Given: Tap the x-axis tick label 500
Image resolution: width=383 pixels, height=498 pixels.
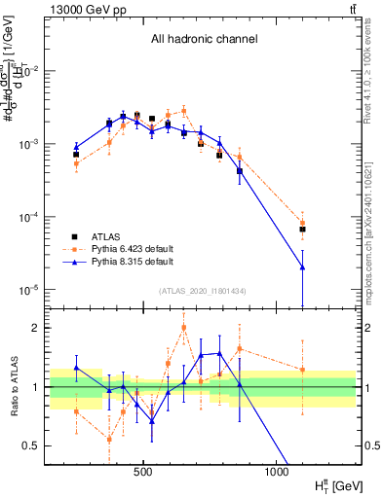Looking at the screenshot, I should pyautogui.click(x=143, y=474).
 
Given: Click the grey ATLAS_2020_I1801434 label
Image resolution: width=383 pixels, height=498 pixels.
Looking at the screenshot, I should pyautogui.click(x=202, y=291).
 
